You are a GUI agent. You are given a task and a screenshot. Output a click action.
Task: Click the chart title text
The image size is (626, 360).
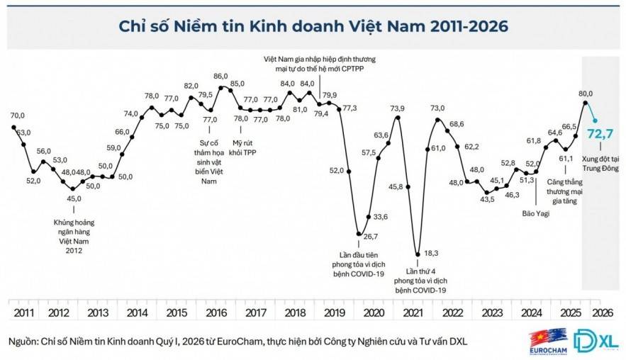(313, 26)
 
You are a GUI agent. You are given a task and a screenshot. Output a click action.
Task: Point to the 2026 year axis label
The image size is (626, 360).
(602, 312)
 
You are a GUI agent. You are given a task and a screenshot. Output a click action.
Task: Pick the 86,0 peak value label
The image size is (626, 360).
(220, 76)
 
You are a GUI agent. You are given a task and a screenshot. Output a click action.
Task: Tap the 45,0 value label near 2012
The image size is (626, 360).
(73, 198)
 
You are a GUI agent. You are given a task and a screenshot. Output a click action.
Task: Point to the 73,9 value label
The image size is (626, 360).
(397, 108)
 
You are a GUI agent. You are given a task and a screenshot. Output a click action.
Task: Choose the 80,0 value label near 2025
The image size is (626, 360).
(586, 92)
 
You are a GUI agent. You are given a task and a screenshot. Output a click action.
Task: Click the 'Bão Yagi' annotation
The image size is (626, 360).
(537, 213)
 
